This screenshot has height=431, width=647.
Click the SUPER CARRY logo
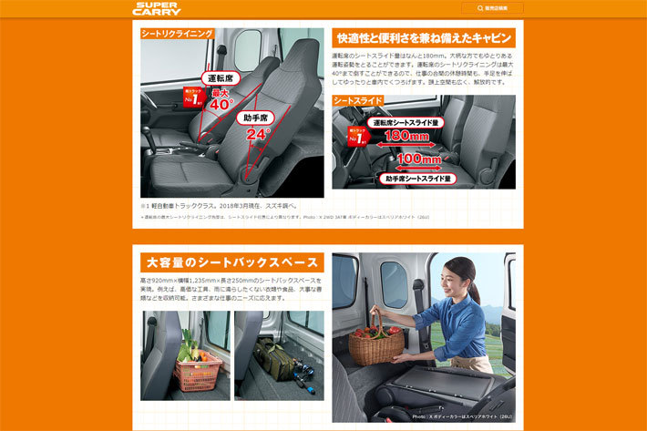point(157,9)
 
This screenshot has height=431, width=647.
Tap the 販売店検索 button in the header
point(492,8)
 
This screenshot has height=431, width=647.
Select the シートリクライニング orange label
point(178,34)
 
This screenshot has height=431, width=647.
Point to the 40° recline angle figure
point(221,104)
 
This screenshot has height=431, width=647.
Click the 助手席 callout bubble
point(256,118)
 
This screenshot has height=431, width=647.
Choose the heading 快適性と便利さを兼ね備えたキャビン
point(424,38)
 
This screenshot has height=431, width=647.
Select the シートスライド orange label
point(357,100)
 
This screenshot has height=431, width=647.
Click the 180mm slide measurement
point(406,136)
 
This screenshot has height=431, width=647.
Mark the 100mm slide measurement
point(418,159)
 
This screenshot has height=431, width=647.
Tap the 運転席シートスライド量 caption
point(409,121)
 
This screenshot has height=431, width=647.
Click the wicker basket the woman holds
point(375,344)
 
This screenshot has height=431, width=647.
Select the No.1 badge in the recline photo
point(193,97)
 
